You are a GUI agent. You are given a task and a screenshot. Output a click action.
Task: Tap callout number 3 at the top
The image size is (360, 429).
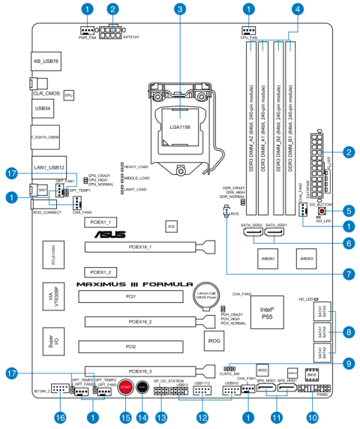tap(179, 10)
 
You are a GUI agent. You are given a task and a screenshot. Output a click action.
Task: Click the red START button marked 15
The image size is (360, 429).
tap(126, 387)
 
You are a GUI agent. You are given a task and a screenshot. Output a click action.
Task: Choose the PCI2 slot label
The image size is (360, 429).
tap(130, 347)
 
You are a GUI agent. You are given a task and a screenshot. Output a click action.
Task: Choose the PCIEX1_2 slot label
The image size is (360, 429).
tap(100, 271)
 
